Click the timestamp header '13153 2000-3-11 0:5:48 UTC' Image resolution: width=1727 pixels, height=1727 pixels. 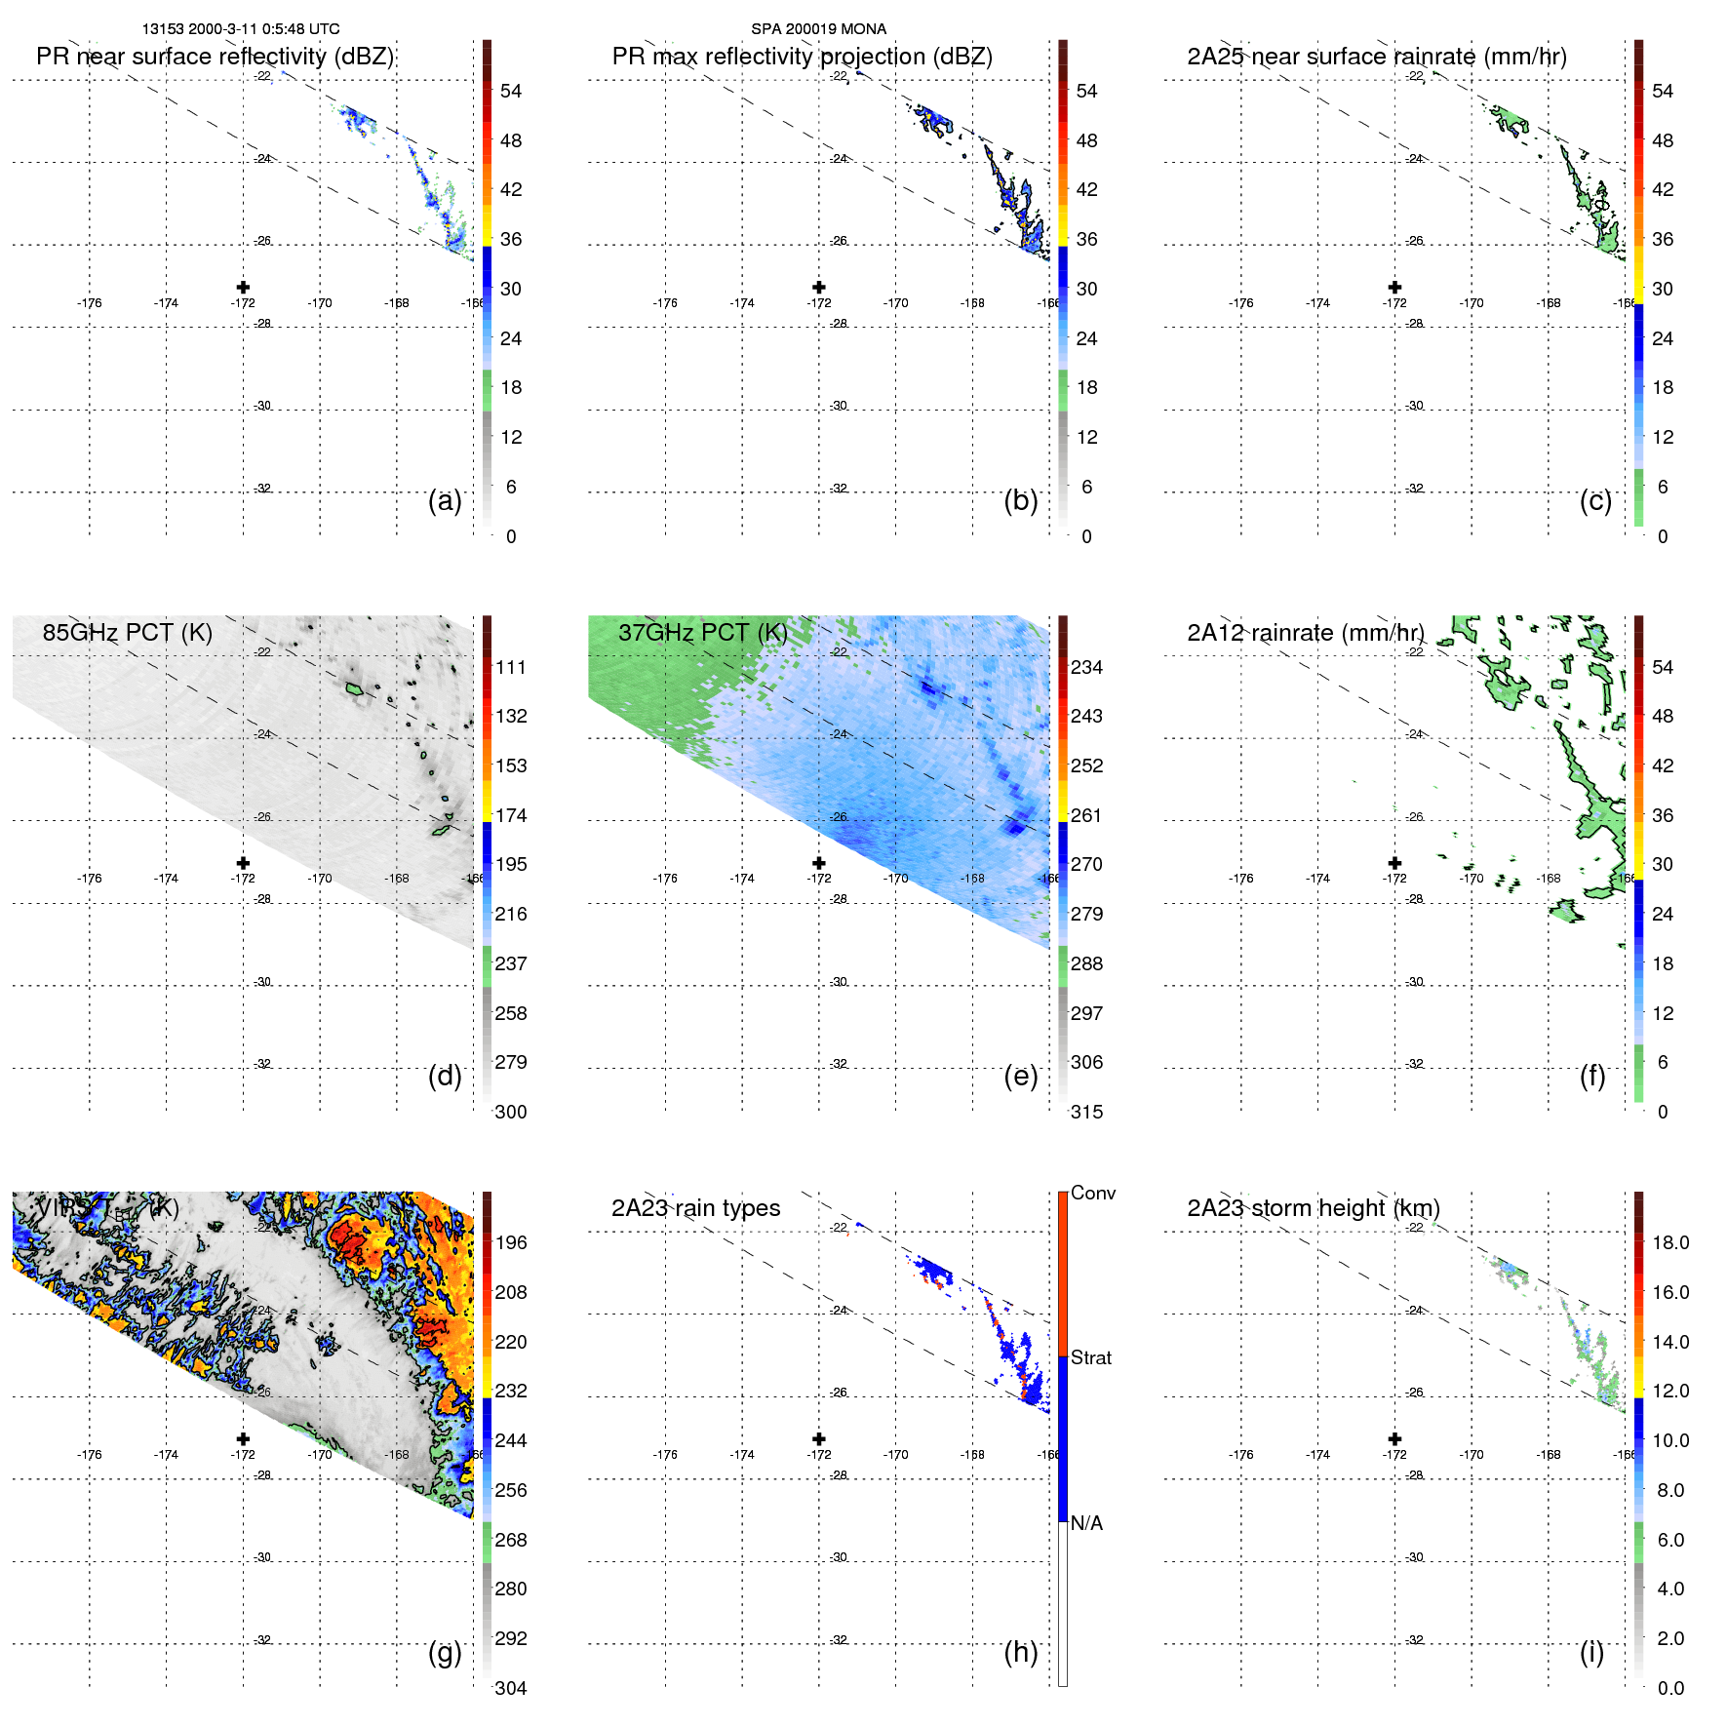pyautogui.click(x=241, y=29)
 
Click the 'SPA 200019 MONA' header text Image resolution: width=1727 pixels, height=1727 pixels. pyautogui.click(x=818, y=29)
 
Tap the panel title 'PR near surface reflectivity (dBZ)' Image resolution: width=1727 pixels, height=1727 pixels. pyautogui.click(x=215, y=57)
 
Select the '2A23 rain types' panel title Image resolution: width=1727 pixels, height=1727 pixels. pyautogui.click(x=695, y=1208)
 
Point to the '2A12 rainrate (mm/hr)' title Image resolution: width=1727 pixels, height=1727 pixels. pyautogui.click(x=1306, y=633)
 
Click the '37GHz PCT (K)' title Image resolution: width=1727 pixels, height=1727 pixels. pyautogui.click(x=702, y=633)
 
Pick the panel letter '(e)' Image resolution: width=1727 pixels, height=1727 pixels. pyautogui.click(x=1020, y=1076)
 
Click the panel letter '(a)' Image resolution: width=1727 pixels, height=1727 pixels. pyautogui.click(x=445, y=500)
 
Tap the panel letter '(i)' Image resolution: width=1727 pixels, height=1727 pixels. pyautogui.click(x=1591, y=1652)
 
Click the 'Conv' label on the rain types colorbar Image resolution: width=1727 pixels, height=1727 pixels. pyautogui.click(x=1092, y=1193)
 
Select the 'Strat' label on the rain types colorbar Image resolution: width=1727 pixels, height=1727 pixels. pyautogui.click(x=1090, y=1357)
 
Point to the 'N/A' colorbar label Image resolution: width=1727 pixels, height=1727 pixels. pyautogui.click(x=1086, y=1523)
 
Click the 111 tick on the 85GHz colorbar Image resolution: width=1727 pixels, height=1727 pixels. pyautogui.click(x=511, y=667)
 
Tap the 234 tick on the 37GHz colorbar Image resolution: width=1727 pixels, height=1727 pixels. pyautogui.click(x=1086, y=667)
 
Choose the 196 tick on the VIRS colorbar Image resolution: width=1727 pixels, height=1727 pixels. pyautogui.click(x=511, y=1242)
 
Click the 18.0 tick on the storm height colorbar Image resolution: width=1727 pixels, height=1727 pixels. pyautogui.click(x=1669, y=1242)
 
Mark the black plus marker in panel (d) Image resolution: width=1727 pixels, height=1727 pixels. pyautogui.click(x=243, y=863)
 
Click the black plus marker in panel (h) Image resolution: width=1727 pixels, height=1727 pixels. pyautogui.click(x=819, y=1438)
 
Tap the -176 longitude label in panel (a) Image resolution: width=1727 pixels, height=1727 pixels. pyautogui.click(x=90, y=303)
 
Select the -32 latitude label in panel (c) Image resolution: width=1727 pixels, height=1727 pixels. pyautogui.click(x=1415, y=489)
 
